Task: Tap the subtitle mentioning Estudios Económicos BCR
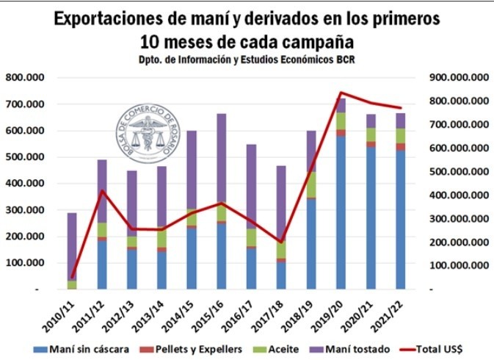point(247,60)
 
